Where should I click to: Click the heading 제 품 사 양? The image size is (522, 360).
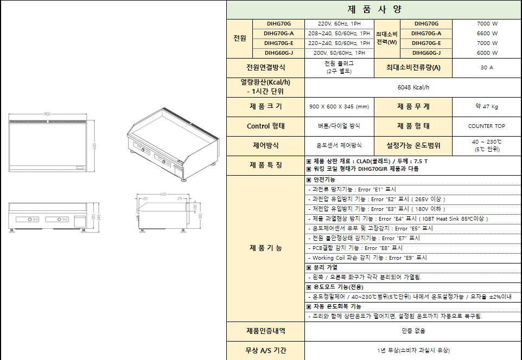click(x=373, y=9)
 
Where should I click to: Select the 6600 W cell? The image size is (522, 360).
click(x=487, y=34)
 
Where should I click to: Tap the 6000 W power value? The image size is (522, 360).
click(x=487, y=53)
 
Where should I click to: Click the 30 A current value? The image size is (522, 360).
click(x=487, y=68)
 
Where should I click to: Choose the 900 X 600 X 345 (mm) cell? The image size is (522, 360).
click(x=339, y=107)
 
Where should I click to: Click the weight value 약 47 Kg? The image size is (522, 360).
click(x=487, y=107)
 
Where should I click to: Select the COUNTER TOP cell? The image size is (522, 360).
click(x=487, y=126)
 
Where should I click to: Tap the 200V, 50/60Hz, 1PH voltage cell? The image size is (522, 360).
click(x=339, y=53)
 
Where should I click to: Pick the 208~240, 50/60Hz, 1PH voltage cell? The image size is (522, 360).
click(x=339, y=34)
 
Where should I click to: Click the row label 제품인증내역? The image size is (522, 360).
click(x=265, y=331)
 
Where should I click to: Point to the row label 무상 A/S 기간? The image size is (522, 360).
click(x=265, y=350)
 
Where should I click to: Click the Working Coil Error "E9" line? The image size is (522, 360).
click(x=368, y=258)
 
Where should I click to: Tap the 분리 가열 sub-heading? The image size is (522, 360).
click(x=325, y=267)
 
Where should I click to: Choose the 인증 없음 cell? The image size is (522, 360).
click(x=413, y=331)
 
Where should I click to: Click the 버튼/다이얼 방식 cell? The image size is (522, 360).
click(x=339, y=126)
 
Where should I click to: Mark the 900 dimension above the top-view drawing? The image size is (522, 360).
click(x=47, y=114)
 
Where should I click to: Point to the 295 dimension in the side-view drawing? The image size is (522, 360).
click(x=180, y=199)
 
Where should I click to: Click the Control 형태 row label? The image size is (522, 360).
click(x=265, y=126)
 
